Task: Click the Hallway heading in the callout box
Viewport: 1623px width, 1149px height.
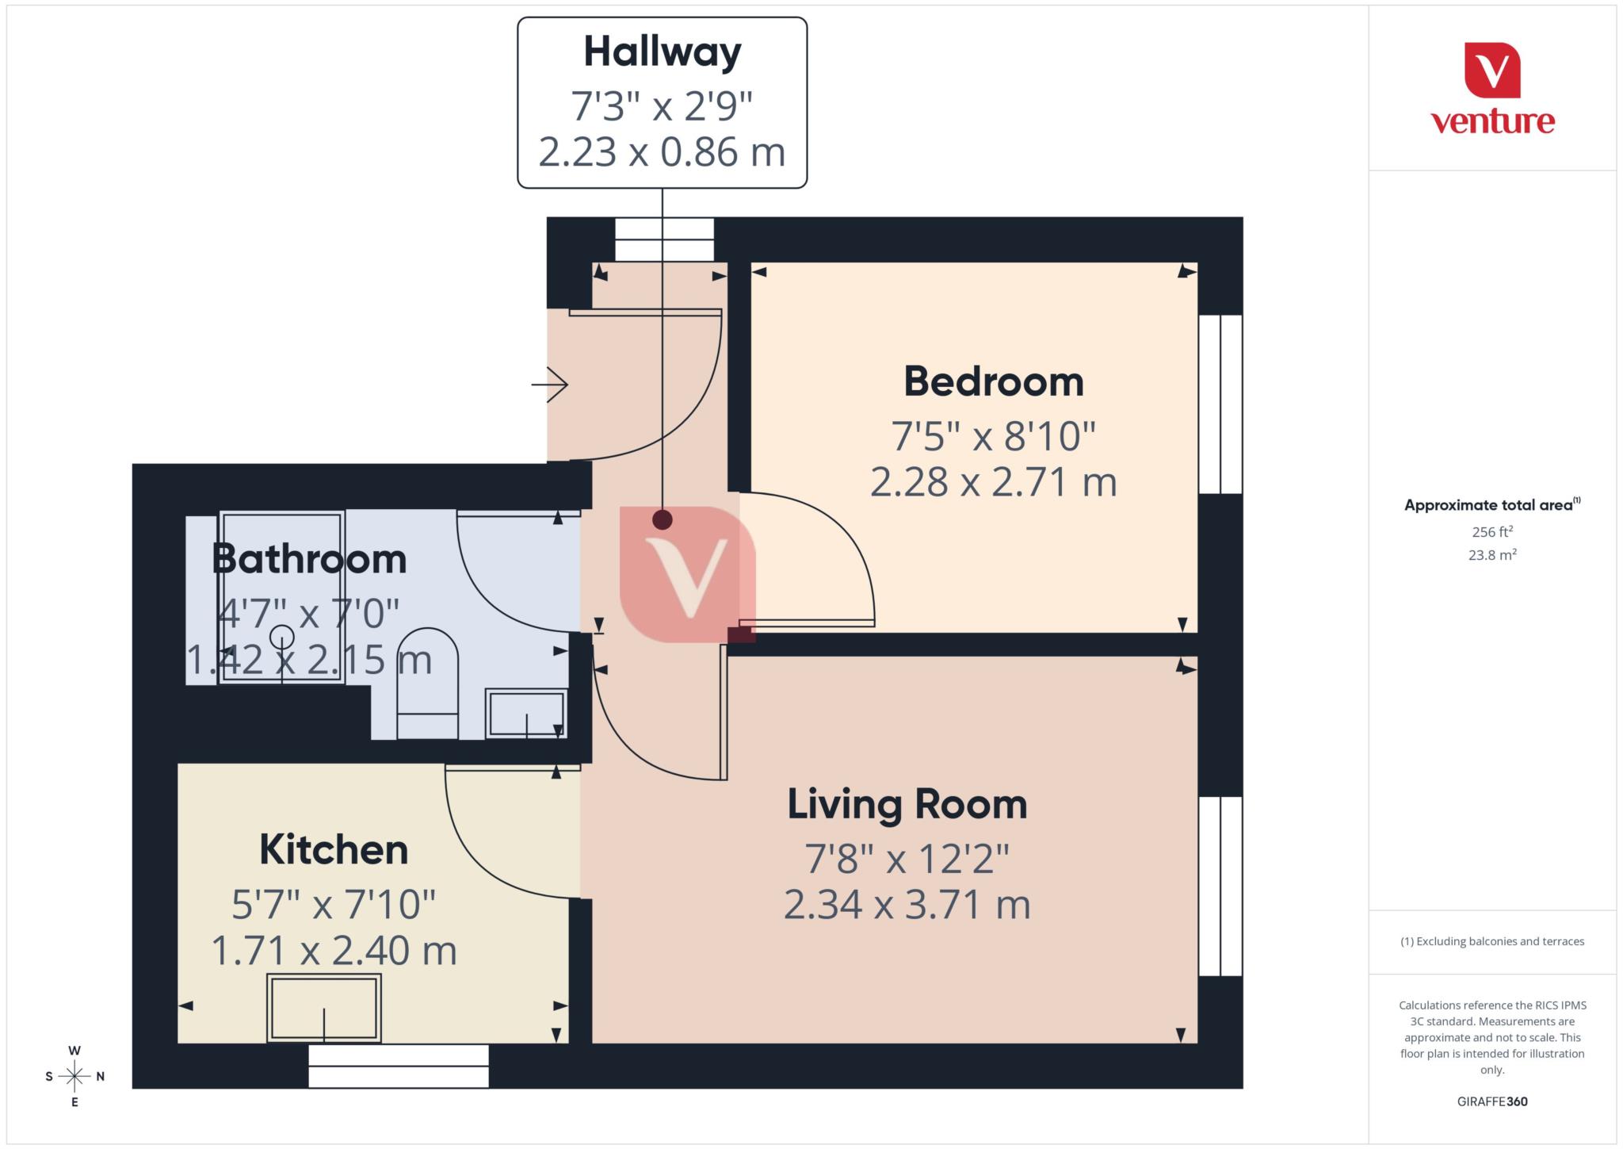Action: [x=663, y=52]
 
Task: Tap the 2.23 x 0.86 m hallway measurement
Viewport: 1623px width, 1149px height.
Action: [x=663, y=152]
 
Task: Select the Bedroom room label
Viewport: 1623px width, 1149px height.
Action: [x=994, y=381]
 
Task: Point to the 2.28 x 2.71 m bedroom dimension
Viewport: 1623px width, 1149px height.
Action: [x=994, y=482]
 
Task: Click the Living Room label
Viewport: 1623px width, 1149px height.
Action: [x=907, y=804]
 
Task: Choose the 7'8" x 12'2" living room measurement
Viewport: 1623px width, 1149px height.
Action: [x=907, y=858]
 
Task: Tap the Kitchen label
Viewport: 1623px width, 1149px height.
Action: [x=334, y=850]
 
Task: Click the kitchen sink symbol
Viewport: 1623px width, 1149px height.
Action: [x=323, y=1008]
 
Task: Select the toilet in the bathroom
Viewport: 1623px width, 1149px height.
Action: [x=427, y=682]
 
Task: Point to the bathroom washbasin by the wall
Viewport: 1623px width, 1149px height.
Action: [x=526, y=714]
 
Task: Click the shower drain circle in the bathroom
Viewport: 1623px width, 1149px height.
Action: [x=282, y=637]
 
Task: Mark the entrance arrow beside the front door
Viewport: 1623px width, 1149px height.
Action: [x=550, y=385]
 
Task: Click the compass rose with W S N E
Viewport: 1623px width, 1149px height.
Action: [x=74, y=1076]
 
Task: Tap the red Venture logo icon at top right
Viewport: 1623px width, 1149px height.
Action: [x=1492, y=71]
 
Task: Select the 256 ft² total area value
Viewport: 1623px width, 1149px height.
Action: [x=1492, y=532]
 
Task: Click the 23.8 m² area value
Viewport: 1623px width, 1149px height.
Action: [x=1492, y=555]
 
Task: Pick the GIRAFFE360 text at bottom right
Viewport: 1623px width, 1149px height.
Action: [x=1492, y=1101]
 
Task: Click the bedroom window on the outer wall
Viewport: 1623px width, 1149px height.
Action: [x=1220, y=404]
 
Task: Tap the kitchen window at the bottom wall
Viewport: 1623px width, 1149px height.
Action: [x=399, y=1066]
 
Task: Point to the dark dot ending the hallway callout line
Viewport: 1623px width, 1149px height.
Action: [x=663, y=520]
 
